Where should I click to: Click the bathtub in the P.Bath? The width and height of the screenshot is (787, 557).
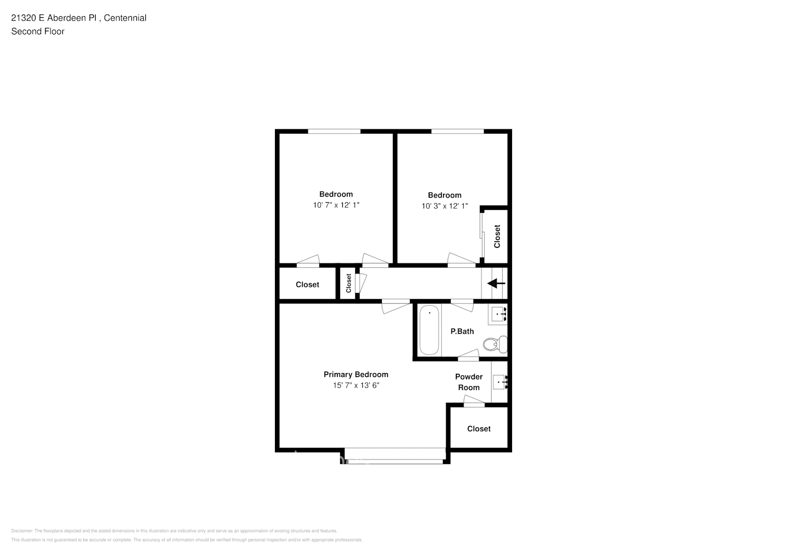click(x=429, y=330)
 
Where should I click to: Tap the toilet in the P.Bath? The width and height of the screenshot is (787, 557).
click(x=494, y=344)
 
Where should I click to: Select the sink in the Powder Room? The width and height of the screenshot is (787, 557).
click(x=499, y=382)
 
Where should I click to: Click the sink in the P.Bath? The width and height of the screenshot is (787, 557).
click(x=498, y=315)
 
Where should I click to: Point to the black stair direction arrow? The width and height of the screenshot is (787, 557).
click(x=496, y=284)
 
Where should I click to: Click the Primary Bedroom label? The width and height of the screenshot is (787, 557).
click(x=356, y=374)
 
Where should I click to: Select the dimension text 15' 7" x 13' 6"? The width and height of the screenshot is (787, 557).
click(x=356, y=385)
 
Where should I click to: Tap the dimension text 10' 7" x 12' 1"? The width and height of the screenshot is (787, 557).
click(x=336, y=205)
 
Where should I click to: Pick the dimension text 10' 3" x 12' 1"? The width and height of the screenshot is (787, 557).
click(x=444, y=206)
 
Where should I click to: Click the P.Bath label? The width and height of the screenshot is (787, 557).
click(x=462, y=331)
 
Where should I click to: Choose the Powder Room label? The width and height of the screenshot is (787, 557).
click(x=469, y=382)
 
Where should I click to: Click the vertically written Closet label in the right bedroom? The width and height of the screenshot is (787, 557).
click(x=497, y=236)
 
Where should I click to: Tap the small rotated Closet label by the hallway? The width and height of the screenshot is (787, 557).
click(x=348, y=283)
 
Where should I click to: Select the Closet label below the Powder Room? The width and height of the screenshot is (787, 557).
click(x=479, y=428)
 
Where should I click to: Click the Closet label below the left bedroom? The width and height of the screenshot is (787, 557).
click(x=307, y=285)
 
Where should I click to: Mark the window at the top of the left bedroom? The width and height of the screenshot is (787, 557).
click(x=334, y=131)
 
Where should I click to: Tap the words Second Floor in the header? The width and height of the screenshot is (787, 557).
click(x=38, y=31)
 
